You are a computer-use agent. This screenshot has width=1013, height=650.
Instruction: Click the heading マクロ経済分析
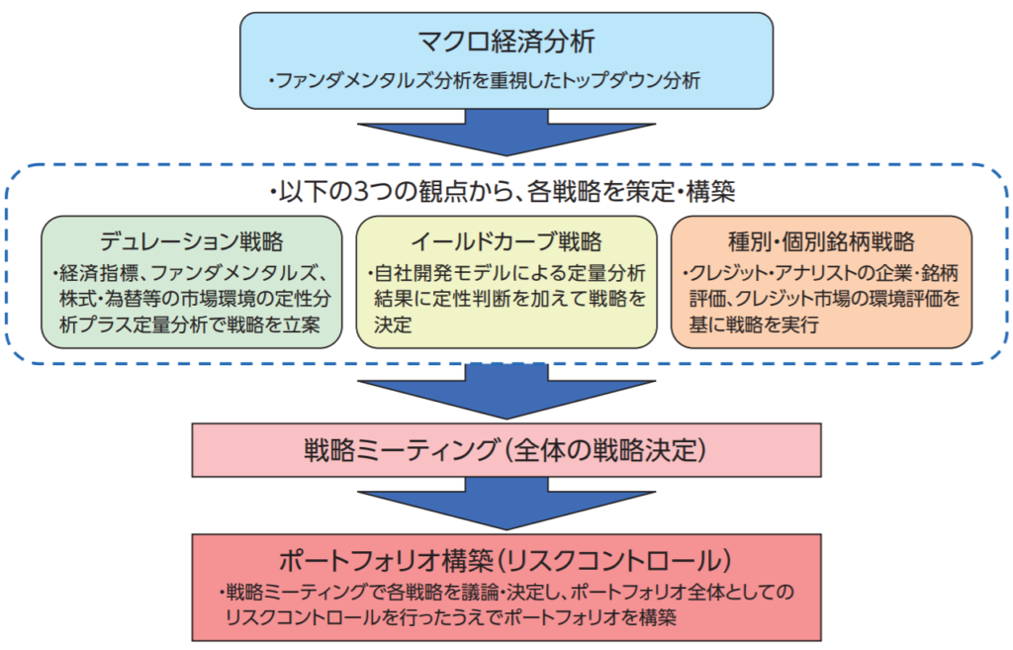pos(506,43)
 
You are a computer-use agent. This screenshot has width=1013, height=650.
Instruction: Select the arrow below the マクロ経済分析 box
pos(506,130)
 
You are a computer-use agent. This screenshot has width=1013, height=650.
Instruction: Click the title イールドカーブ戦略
pos(506,241)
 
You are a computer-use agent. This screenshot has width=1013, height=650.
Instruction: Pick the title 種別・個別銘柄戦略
pos(820,241)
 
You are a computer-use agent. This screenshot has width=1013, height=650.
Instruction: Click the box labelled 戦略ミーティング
pos(506,451)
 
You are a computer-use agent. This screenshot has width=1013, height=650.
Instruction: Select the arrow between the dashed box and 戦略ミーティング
pos(506,391)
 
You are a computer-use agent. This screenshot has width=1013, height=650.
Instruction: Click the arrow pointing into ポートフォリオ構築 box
pos(506,505)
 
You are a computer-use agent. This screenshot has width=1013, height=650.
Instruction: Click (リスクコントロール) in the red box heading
pos(612,560)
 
